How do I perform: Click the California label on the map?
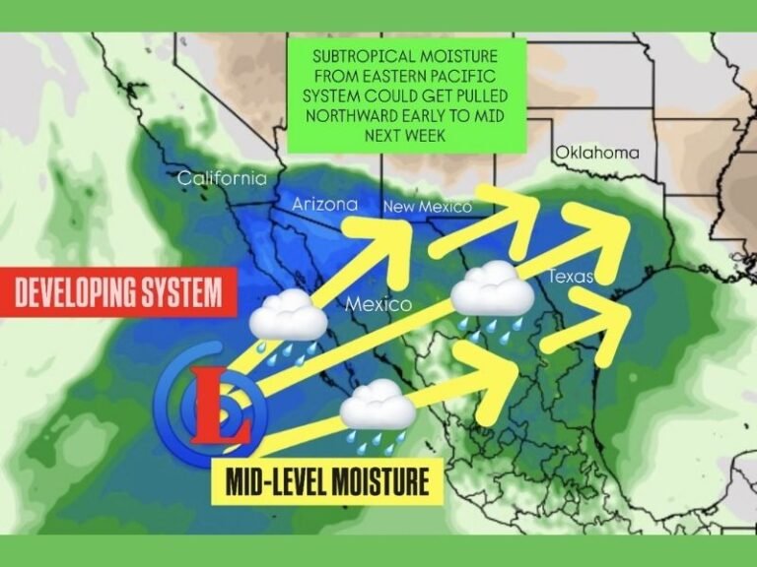[222, 178]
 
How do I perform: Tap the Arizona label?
[325, 204]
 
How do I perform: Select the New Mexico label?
[427, 207]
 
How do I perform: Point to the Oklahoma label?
[596, 153]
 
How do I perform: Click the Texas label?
[572, 277]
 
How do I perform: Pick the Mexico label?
[378, 304]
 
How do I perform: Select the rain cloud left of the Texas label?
[492, 291]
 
